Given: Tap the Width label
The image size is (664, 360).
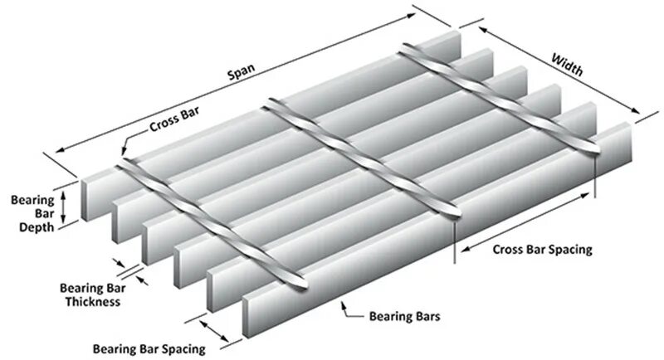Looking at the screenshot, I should point(566,64).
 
